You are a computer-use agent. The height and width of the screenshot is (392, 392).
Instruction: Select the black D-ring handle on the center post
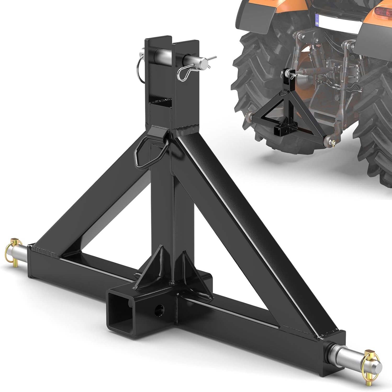pos(147,154)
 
